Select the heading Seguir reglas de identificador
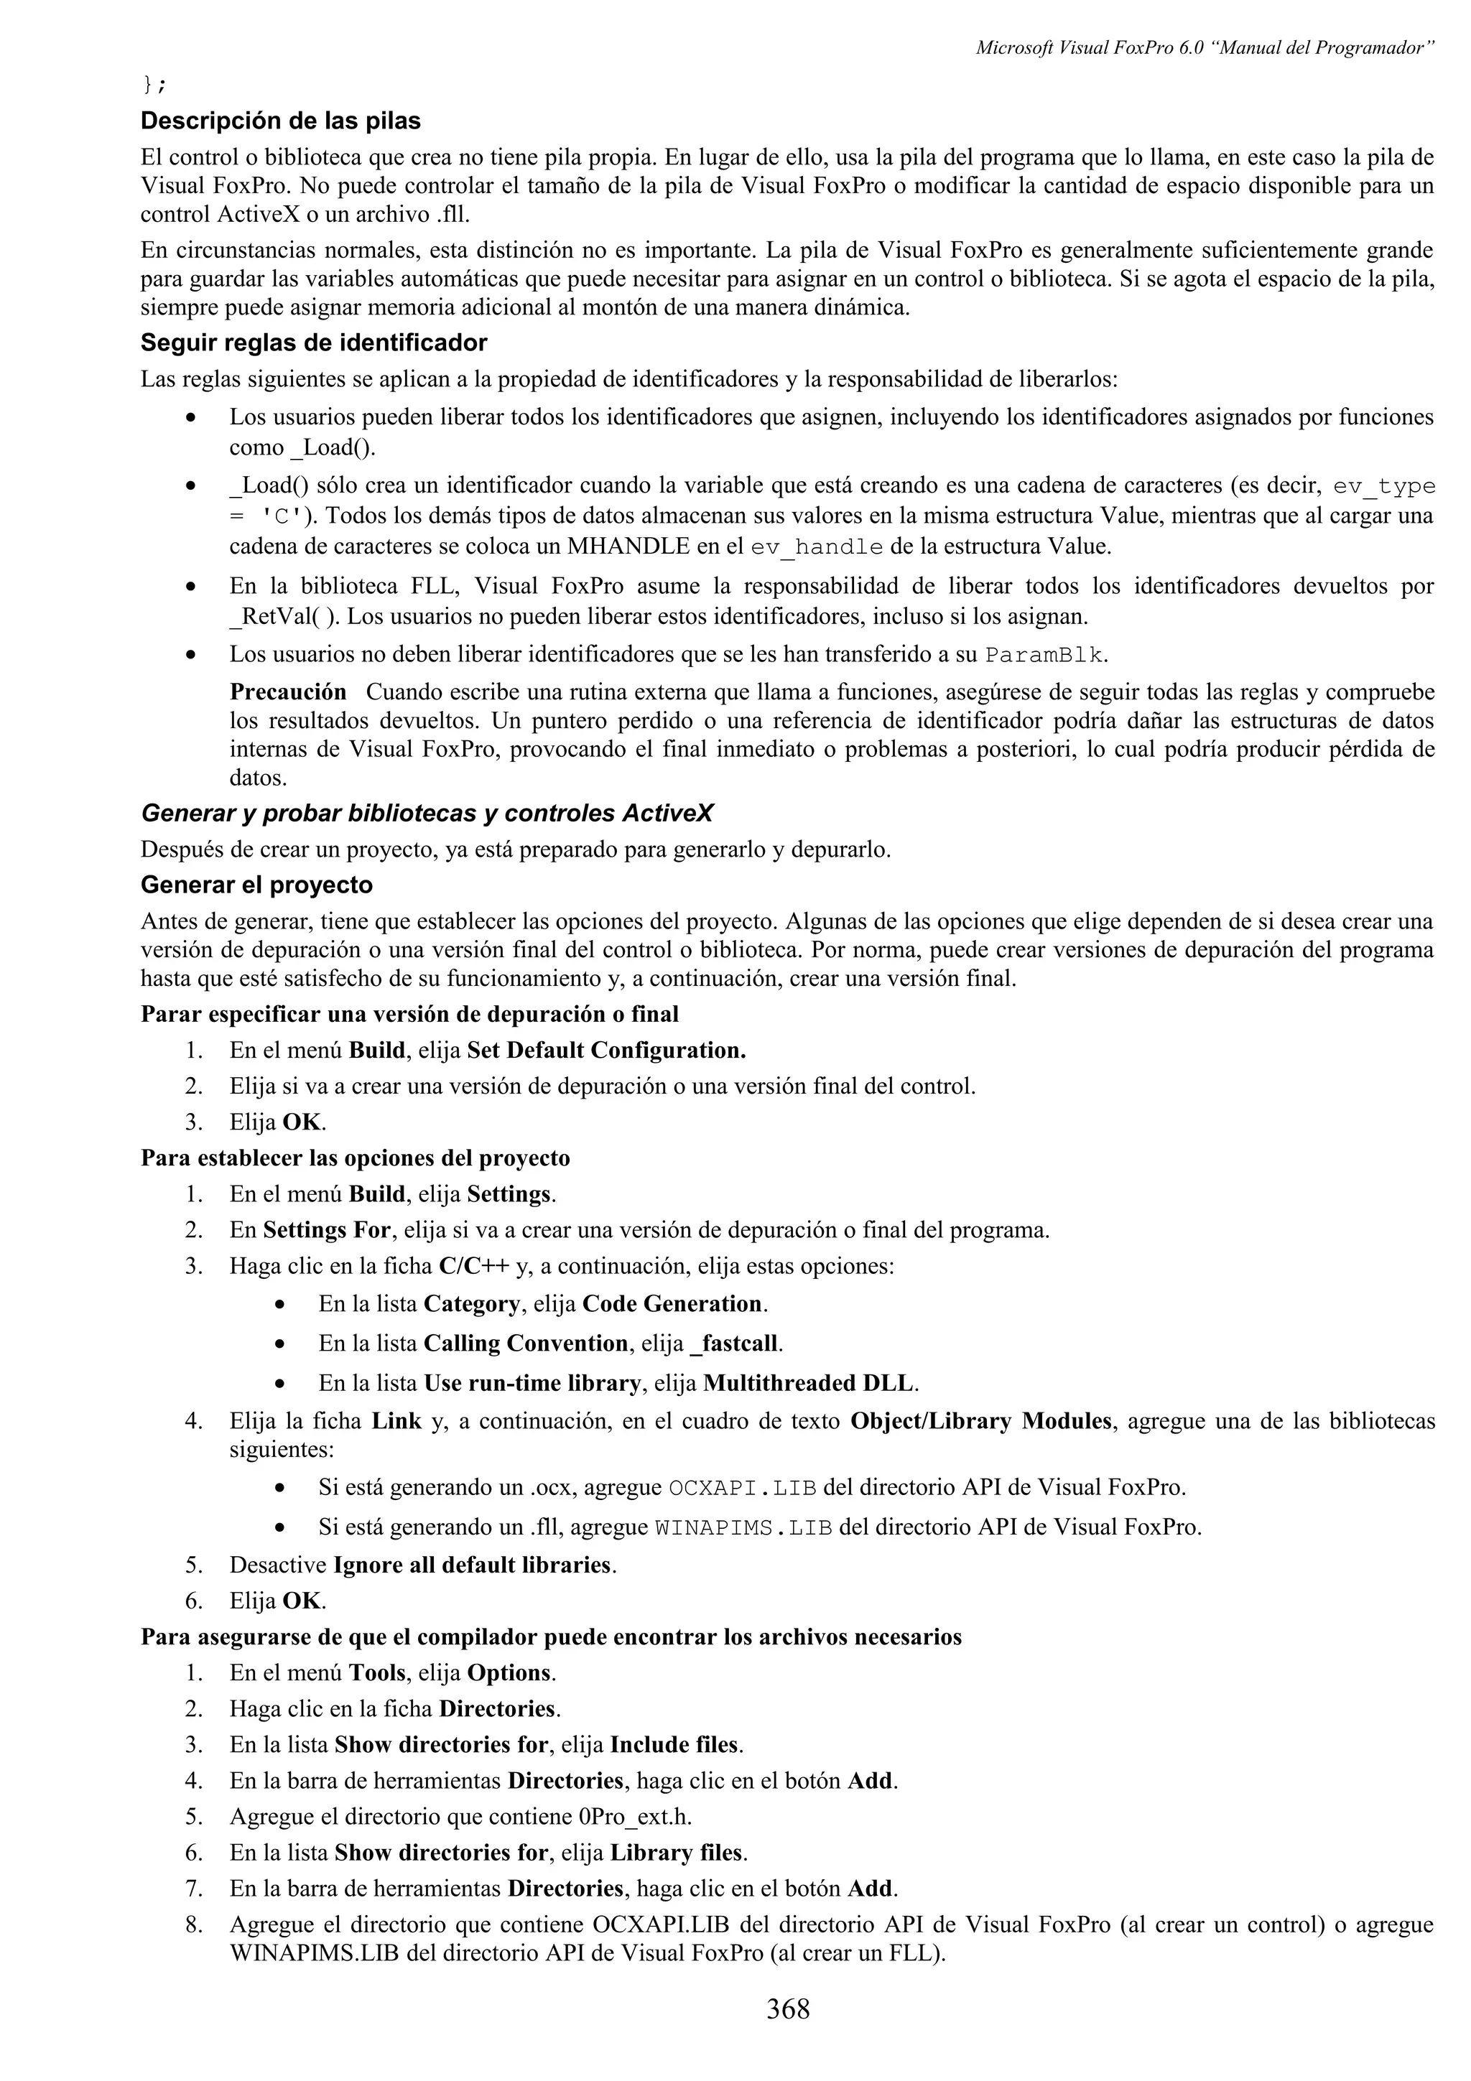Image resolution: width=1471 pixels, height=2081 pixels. pos(314,343)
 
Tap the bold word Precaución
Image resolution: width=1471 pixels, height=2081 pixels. pos(287,692)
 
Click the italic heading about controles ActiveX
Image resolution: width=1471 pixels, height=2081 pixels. pos(427,813)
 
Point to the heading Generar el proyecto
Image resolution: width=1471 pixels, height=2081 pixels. pos(256,885)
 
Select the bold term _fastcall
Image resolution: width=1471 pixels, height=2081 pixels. pos(735,1344)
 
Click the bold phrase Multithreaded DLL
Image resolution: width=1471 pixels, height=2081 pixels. pos(809,1383)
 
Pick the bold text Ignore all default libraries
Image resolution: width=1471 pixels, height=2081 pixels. pos(474,1565)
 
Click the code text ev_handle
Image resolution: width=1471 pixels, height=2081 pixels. pos(817,546)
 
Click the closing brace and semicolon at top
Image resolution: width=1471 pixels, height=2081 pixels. pos(154,85)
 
